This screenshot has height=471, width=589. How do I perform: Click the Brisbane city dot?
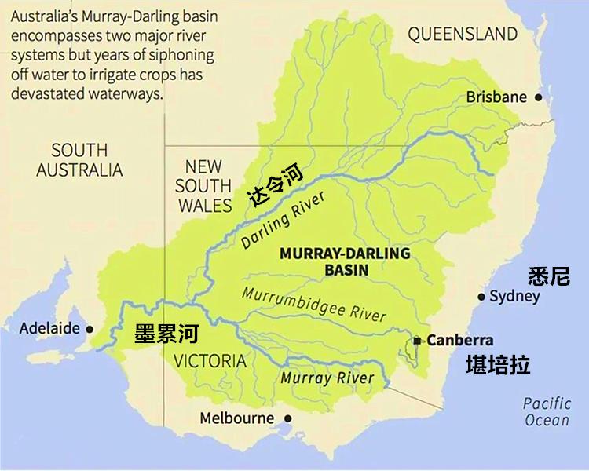point(539,97)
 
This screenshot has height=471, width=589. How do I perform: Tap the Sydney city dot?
point(481,297)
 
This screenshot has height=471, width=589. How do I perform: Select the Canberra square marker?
point(419,341)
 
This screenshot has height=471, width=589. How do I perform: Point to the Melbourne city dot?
point(287,418)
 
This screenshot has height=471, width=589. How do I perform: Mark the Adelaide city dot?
point(90,329)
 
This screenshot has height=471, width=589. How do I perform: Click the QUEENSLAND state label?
point(463,34)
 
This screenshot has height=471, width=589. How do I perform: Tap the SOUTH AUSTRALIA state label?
point(79,159)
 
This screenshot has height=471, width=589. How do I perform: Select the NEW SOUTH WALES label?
point(203,186)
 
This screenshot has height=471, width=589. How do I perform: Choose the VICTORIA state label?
point(210,361)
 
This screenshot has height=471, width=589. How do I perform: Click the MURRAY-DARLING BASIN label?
point(346,261)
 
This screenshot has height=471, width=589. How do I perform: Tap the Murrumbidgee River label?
point(314,305)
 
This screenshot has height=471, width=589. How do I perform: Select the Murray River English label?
point(327,378)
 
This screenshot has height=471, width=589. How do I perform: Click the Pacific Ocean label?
point(547,411)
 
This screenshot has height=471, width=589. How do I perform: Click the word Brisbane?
point(496,97)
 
